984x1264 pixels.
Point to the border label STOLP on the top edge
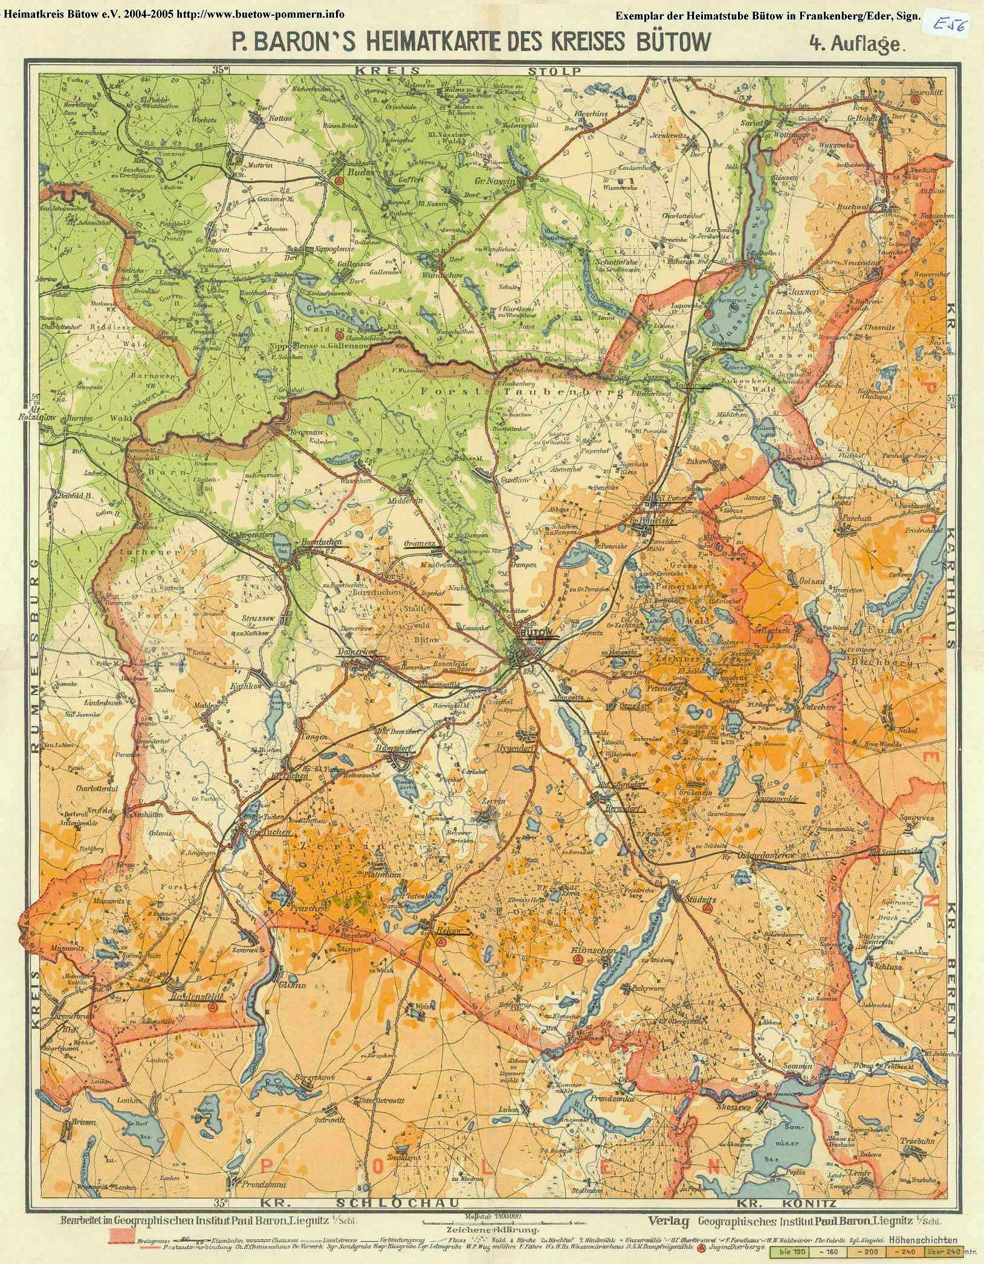click(554, 71)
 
